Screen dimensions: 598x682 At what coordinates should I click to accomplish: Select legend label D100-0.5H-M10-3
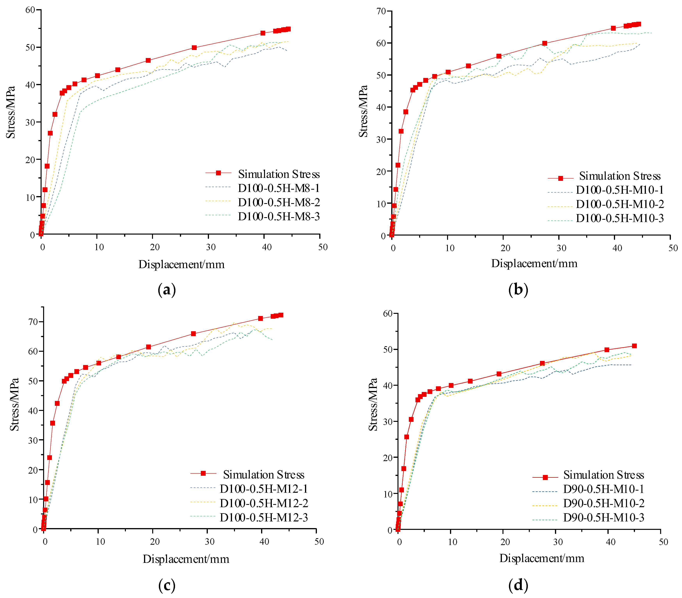(x=620, y=218)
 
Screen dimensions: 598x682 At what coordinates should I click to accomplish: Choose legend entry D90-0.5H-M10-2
(x=604, y=503)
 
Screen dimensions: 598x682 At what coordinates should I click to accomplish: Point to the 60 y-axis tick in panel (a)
(x=30, y=10)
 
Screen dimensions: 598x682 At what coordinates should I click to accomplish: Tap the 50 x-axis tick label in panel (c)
(x=319, y=542)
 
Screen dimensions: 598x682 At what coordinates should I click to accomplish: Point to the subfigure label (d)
(x=518, y=585)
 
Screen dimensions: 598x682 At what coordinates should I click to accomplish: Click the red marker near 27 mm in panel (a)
(x=194, y=48)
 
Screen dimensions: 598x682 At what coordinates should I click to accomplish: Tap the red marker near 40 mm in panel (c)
(x=261, y=318)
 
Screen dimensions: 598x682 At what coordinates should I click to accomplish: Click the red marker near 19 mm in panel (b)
(x=499, y=56)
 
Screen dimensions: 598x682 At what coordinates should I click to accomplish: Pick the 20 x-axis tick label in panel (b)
(x=506, y=248)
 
